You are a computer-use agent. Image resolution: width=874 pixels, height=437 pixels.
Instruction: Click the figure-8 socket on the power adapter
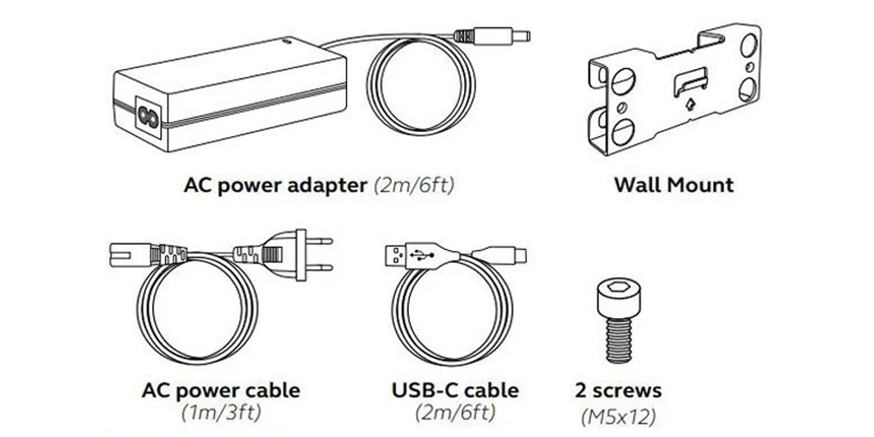tap(149, 117)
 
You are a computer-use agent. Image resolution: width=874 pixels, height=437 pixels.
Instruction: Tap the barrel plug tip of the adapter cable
tap(521, 36)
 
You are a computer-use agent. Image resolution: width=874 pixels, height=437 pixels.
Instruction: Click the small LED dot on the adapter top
tap(287, 40)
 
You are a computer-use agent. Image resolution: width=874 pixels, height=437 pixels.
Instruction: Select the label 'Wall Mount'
tap(674, 185)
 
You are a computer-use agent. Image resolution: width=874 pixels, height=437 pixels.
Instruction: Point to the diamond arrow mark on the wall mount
tap(690, 104)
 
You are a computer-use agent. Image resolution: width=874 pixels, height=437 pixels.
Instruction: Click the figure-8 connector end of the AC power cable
tap(130, 254)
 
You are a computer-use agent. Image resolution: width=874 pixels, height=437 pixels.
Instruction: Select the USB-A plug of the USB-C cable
tap(395, 254)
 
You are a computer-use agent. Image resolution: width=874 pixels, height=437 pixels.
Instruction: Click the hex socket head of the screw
tap(619, 297)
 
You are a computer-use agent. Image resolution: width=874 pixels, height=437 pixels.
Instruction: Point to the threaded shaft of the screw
tap(619, 339)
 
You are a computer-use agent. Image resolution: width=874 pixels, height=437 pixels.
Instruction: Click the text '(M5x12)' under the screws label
tap(618, 416)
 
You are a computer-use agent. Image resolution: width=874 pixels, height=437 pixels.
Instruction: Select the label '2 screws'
tap(619, 391)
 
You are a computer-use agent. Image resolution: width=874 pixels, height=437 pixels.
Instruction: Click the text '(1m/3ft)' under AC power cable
tap(221, 413)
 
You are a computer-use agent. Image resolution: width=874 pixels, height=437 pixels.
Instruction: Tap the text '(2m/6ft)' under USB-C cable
tap(454, 413)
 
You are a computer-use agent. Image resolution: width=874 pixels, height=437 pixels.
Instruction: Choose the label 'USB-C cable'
tap(454, 391)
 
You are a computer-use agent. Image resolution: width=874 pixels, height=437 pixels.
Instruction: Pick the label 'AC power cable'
tap(221, 391)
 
